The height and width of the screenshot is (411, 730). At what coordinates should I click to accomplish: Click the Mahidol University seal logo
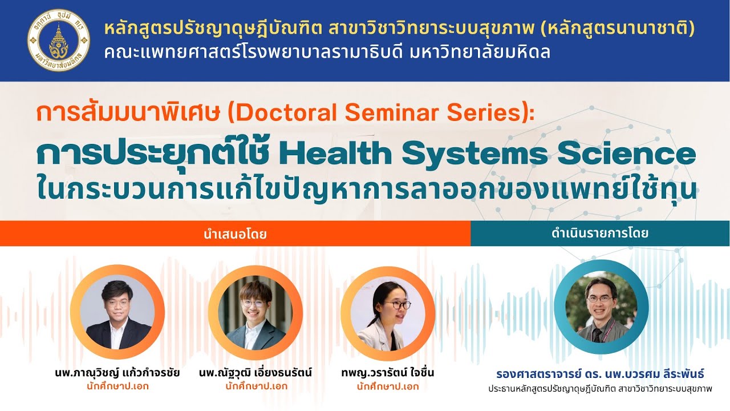point(59,39)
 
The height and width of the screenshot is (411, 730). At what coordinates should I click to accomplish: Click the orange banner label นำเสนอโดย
point(234,233)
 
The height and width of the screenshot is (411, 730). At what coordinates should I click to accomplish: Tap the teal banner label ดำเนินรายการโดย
point(600,233)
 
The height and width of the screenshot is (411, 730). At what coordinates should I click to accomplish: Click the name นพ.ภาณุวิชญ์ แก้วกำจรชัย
point(117,373)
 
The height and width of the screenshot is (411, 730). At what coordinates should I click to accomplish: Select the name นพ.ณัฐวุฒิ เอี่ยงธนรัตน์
point(255,373)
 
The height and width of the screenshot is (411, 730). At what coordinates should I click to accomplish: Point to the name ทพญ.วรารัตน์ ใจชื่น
point(387,373)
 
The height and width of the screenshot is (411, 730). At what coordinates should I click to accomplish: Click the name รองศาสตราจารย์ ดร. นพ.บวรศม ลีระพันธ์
point(600,374)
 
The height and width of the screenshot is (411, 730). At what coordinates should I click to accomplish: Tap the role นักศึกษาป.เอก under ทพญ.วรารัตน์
point(387,386)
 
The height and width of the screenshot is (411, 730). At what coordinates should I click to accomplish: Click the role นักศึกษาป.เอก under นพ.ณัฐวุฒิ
point(255,386)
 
